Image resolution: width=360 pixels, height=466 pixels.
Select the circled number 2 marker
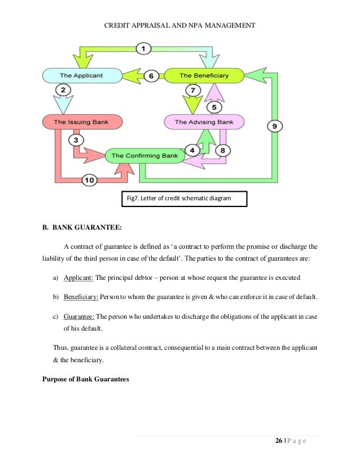click(63, 90)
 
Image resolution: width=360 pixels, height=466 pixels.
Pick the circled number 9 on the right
click(274, 126)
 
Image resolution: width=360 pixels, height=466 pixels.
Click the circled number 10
click(89, 181)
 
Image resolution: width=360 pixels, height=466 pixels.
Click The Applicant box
click(82, 74)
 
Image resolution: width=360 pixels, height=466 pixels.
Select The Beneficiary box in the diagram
click(203, 75)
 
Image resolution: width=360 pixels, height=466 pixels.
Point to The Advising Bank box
click(203, 121)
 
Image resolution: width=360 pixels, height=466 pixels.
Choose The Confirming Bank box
click(144, 155)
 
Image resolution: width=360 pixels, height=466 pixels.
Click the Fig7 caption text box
click(185, 199)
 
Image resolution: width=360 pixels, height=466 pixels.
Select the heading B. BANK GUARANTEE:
click(82, 228)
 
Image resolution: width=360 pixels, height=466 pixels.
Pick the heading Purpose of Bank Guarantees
click(86, 379)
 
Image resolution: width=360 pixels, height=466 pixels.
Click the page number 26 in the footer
click(279, 441)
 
